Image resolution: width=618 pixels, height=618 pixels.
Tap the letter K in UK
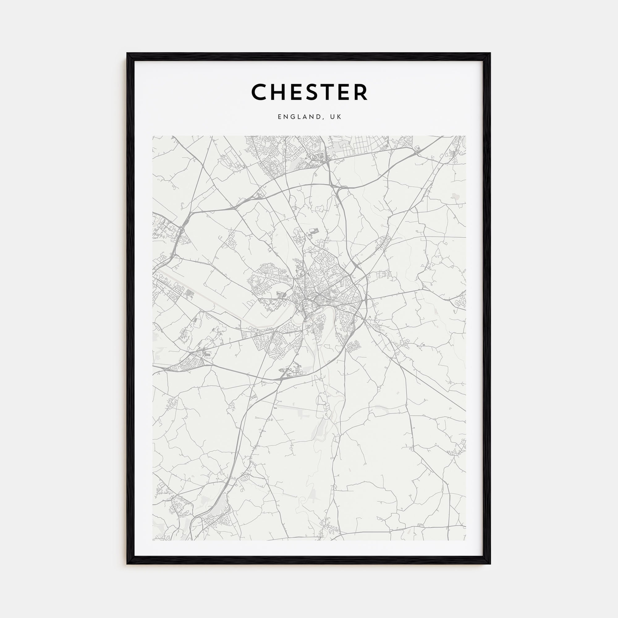[x=339, y=117]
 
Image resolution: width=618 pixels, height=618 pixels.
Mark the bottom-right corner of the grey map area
[x=465, y=540]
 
